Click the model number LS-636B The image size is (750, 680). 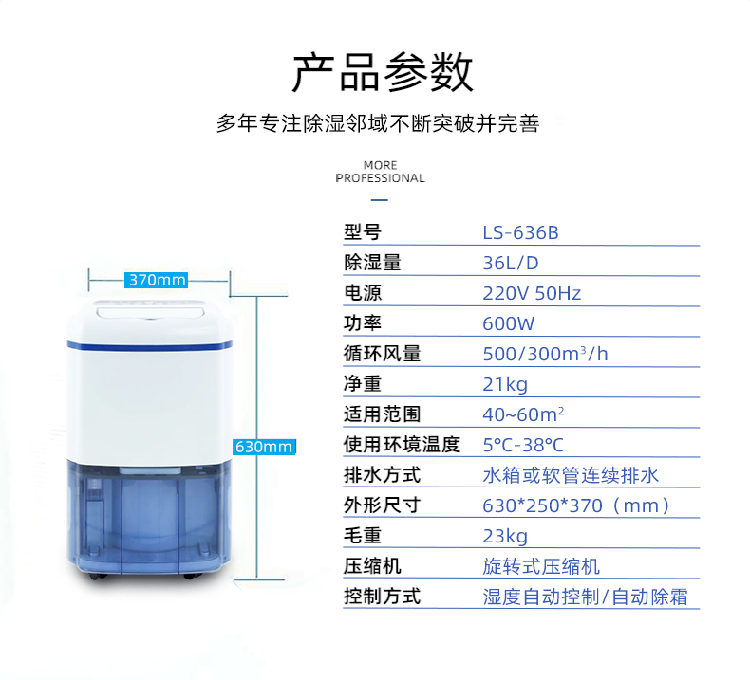point(520,232)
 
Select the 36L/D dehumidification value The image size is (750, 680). point(511,263)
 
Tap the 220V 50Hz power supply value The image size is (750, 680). point(532,293)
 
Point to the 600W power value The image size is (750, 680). point(508,323)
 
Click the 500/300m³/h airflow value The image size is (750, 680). point(545,354)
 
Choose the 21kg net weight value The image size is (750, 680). point(505,384)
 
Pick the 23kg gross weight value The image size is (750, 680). point(505,536)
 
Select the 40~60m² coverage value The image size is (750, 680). point(523,414)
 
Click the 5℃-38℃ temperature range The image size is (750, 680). point(523,445)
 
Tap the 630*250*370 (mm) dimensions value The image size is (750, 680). point(576,505)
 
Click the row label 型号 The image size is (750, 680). point(363,232)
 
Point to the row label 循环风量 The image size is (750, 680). point(383,354)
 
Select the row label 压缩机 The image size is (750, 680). point(372,566)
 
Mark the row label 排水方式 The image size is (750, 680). point(383,475)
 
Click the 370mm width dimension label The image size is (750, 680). point(156,280)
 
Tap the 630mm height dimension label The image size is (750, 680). point(264,447)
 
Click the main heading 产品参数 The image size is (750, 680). point(383,72)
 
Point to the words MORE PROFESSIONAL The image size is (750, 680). point(381,172)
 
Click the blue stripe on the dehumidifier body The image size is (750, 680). point(149,345)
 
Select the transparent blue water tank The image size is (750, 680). point(149,516)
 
